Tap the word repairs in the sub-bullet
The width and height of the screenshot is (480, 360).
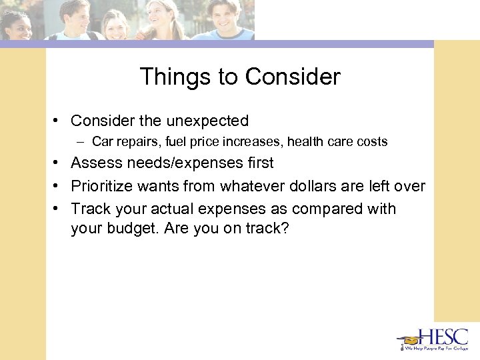pos(135,141)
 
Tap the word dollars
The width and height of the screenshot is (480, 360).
pos(323,186)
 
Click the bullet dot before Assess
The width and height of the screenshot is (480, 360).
pos(59,163)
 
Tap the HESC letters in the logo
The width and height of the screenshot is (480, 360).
pos(443,337)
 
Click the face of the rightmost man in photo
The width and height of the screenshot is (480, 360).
pos(221,14)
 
